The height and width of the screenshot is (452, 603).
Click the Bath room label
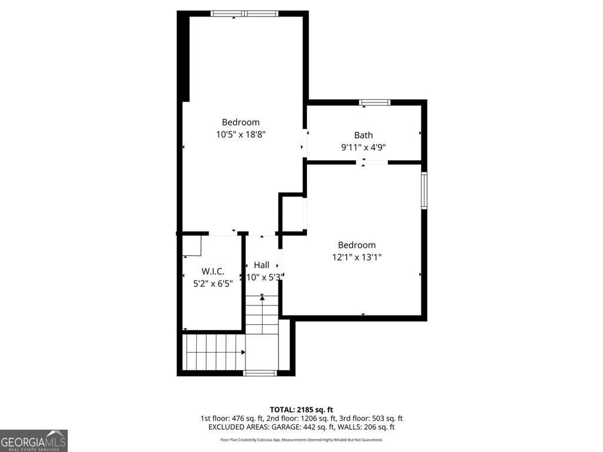tap(363, 135)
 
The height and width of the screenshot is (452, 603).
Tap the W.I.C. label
tap(213, 271)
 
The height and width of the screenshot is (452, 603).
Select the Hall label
tap(261, 265)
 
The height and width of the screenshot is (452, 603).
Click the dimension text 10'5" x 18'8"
tap(241, 134)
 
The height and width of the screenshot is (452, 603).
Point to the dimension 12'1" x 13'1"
tap(356, 257)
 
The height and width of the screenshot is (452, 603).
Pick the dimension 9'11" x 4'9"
tap(363, 148)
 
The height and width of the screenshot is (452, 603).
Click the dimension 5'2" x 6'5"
tap(213, 283)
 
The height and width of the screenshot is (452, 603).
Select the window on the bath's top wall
tap(375, 102)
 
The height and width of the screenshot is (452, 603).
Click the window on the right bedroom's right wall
tap(424, 190)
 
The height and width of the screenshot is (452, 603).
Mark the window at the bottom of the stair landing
tap(260, 373)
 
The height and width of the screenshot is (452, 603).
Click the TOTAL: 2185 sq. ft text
tap(301, 410)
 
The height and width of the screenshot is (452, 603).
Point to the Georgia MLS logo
tap(34, 440)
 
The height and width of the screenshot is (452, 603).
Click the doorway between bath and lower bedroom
tap(375, 162)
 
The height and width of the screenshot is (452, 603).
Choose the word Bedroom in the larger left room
tap(240, 122)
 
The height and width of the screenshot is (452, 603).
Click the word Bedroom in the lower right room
tap(356, 245)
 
